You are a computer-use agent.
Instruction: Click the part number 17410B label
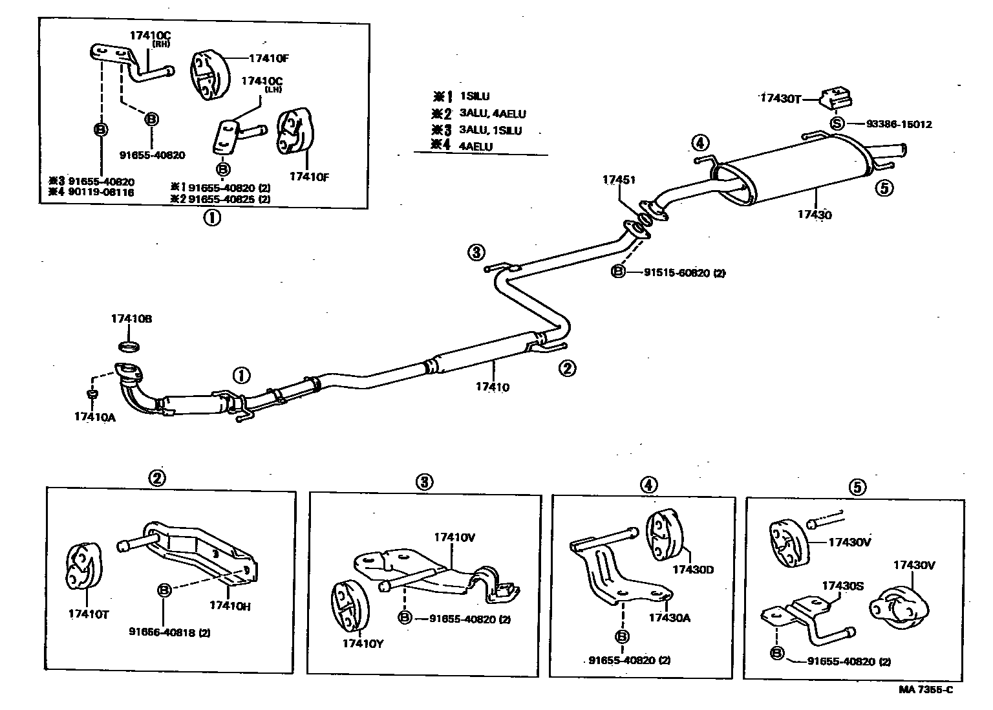[131, 319]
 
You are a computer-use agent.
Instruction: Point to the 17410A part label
[94, 417]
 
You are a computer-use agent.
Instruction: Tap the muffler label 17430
[815, 215]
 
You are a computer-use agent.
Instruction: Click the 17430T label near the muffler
[780, 98]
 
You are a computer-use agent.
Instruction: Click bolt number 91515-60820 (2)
[684, 273]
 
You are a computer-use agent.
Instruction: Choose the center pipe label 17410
[493, 387]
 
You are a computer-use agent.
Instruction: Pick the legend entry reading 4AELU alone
[476, 147]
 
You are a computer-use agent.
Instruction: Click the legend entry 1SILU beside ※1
[475, 97]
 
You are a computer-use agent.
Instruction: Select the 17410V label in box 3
[454, 537]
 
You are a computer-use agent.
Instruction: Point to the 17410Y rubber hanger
[348, 605]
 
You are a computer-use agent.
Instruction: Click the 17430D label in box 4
[692, 569]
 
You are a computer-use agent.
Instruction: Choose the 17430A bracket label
[670, 618]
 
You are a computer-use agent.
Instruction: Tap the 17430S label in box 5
[842, 585]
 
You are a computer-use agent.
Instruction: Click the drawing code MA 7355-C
[925, 689]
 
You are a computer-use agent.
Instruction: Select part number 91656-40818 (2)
[169, 632]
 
